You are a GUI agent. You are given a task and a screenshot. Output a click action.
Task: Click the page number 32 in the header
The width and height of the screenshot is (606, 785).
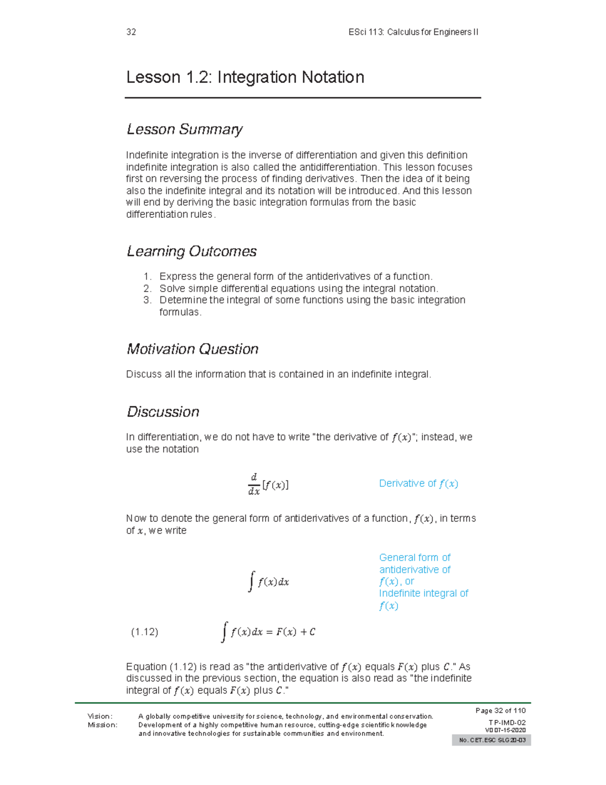(x=131, y=32)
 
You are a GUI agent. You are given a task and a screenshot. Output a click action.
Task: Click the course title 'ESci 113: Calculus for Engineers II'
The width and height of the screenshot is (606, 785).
(x=413, y=32)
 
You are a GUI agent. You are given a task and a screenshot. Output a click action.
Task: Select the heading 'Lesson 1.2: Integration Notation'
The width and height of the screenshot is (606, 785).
(x=245, y=77)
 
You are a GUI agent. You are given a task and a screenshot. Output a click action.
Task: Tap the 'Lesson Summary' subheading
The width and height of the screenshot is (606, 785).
(x=184, y=129)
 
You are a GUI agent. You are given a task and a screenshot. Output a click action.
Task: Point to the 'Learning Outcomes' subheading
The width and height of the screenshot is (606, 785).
(x=191, y=251)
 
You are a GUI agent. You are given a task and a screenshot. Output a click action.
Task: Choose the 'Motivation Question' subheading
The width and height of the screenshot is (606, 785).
(x=192, y=349)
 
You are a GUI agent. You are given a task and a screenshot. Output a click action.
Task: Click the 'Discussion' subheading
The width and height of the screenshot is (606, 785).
(x=163, y=411)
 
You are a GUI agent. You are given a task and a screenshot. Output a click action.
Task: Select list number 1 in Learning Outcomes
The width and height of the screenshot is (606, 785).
(x=147, y=276)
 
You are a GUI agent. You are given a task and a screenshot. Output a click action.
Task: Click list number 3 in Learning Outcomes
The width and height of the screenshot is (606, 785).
(x=147, y=300)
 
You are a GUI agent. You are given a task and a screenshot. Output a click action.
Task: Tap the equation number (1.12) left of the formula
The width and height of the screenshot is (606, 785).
(x=144, y=632)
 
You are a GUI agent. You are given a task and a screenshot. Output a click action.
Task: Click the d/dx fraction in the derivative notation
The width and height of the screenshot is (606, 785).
(x=254, y=484)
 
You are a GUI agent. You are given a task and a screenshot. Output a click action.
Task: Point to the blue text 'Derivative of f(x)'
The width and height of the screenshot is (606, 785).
(x=418, y=484)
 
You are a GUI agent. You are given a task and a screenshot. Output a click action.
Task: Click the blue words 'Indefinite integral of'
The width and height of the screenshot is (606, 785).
(x=423, y=593)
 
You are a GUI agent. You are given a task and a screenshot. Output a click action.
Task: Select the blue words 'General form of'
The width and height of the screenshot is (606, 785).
(x=415, y=558)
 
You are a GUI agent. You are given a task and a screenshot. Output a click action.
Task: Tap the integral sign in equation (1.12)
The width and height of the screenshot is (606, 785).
(x=224, y=632)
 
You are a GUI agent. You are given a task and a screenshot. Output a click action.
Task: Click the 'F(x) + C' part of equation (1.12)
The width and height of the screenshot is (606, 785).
(x=295, y=632)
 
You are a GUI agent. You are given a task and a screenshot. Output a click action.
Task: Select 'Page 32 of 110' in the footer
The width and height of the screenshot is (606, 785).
(x=500, y=711)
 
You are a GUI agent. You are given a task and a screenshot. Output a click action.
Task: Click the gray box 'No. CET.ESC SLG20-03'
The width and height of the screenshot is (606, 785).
(x=491, y=741)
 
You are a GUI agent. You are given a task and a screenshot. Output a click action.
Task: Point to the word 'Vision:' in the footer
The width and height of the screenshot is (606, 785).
(x=100, y=716)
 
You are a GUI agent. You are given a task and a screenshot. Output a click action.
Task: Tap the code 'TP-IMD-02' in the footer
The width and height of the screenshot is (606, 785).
(x=507, y=723)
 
